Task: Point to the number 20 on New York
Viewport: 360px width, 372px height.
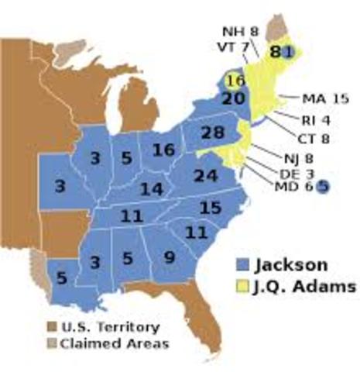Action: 233,98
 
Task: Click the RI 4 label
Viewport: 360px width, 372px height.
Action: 315,119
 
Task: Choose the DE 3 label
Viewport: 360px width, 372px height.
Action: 296,173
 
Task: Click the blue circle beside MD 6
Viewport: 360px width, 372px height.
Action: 323,186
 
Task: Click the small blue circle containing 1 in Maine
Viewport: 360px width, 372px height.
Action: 287,51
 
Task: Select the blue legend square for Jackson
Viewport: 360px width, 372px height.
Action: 246,264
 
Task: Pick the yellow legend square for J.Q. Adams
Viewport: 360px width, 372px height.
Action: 246,288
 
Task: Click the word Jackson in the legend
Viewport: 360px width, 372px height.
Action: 295,263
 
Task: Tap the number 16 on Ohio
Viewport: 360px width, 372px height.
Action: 163,150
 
